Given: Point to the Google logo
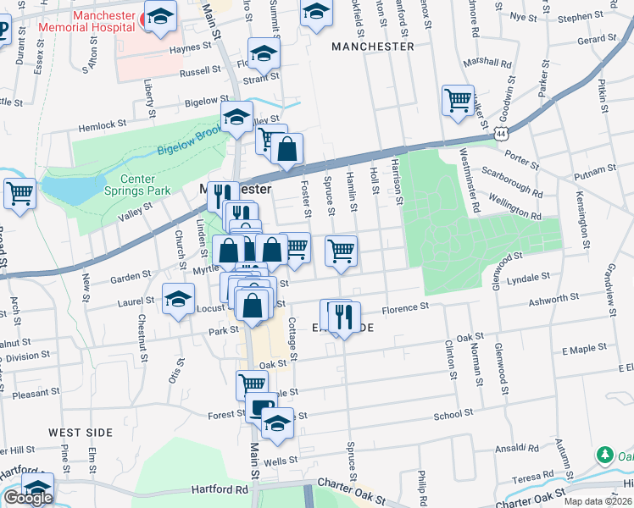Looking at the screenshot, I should [27, 498].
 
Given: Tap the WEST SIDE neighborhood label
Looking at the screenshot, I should [81, 432].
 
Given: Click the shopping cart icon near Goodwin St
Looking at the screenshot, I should [458, 100].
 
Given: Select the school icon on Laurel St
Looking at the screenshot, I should [179, 299].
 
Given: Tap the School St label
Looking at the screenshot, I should [453, 415].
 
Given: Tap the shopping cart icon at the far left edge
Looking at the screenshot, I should [19, 193].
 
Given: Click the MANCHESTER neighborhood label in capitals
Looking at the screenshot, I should [373, 47].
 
